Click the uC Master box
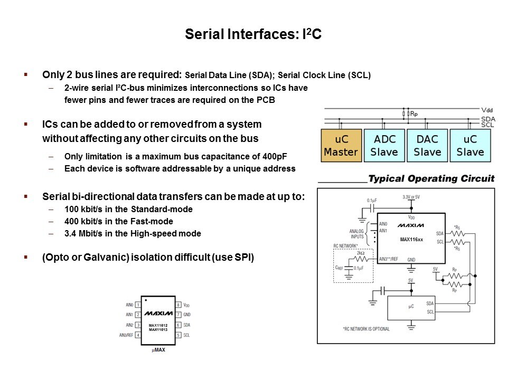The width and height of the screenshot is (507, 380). (341, 145)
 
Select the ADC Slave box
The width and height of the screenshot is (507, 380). (384, 145)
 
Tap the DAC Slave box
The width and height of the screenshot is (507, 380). (427, 145)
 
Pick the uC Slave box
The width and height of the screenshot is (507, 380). (470, 145)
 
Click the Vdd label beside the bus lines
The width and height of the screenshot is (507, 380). (488, 110)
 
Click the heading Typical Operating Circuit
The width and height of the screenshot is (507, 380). (431, 179)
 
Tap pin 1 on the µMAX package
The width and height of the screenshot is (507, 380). (138, 305)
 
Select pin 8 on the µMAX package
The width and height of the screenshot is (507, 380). (179, 305)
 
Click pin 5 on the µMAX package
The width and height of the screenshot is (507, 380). (179, 335)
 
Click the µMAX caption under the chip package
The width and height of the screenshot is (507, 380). (158, 349)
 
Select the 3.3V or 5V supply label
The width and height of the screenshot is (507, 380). (412, 196)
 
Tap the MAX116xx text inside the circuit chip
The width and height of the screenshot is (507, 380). (411, 240)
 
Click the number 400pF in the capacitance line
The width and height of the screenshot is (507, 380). (276, 156)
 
